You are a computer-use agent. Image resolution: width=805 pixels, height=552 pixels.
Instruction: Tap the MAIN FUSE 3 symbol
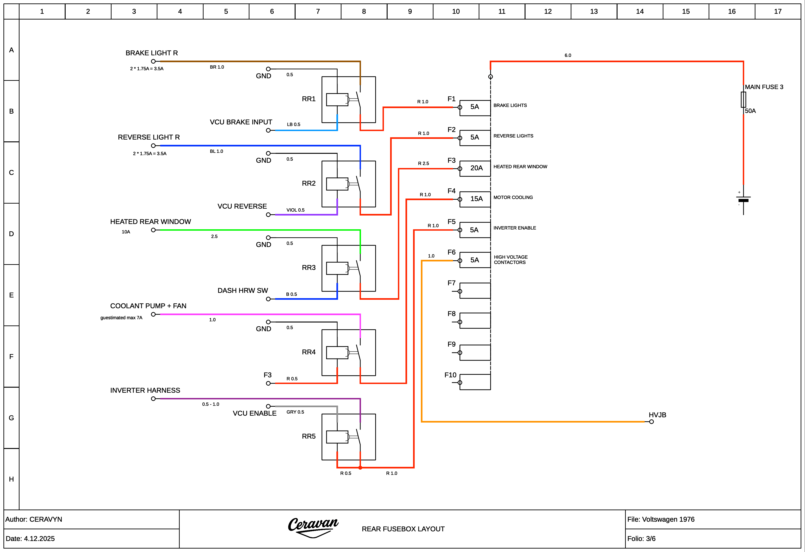[743, 99]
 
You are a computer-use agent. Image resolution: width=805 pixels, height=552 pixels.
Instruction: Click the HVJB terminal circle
[651, 422]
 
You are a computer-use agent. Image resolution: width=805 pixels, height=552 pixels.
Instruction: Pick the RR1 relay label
[309, 99]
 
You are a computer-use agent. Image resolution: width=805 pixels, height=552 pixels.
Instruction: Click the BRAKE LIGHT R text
[152, 53]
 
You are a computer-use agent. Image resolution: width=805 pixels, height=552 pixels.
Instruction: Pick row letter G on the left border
[11, 418]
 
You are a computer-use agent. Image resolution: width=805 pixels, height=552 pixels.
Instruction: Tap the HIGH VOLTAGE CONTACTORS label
[511, 260]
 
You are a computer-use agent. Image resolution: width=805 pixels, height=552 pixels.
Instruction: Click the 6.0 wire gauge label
[568, 56]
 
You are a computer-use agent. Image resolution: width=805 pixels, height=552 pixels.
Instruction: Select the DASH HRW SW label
[243, 290]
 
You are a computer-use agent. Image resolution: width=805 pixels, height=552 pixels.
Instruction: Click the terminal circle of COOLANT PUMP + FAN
[153, 314]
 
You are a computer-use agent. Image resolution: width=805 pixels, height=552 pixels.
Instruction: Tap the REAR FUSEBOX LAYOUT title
[403, 529]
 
